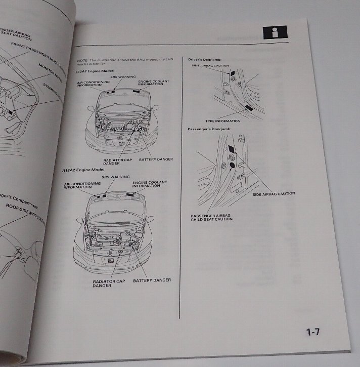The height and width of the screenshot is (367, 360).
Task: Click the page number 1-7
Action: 313,333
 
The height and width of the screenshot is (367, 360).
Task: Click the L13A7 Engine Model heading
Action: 94,71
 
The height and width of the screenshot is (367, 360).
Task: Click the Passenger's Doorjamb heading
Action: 207,131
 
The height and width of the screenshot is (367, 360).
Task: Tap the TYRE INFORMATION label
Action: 223,121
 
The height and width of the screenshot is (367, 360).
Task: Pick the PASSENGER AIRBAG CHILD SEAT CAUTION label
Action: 212,217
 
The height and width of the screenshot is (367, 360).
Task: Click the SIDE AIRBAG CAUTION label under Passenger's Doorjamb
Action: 274,193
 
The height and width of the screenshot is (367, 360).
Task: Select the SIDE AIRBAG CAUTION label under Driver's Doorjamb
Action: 210,66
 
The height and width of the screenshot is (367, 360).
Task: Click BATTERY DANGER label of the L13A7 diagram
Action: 156,159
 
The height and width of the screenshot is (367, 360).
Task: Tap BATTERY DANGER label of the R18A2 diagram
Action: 152,280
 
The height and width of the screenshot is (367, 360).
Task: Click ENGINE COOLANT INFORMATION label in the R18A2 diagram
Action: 150,184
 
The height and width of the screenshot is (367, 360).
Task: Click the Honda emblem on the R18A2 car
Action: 111,261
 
